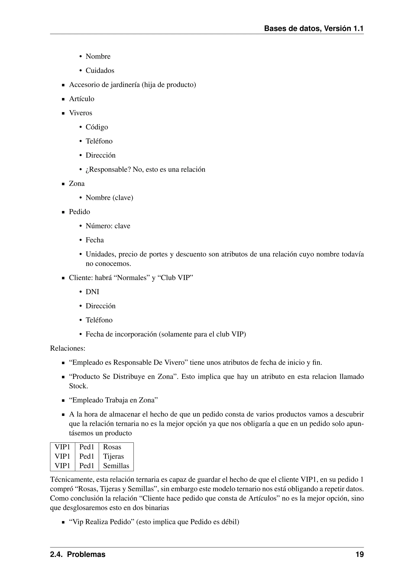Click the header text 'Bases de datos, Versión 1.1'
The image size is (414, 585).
314,28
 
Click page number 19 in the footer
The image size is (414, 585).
359,554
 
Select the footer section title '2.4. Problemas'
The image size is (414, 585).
78,554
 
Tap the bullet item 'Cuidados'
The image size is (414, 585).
100,70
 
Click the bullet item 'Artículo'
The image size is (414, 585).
82,99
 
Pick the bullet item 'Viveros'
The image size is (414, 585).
81,113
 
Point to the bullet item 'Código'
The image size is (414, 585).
97,127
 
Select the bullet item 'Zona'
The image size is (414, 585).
77,184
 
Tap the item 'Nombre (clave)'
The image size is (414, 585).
109,198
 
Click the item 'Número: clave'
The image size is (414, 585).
108,226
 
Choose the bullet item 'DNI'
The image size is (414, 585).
92,292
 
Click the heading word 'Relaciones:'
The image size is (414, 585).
68,348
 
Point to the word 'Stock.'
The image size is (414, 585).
78,386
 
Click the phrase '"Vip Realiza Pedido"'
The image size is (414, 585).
102,522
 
